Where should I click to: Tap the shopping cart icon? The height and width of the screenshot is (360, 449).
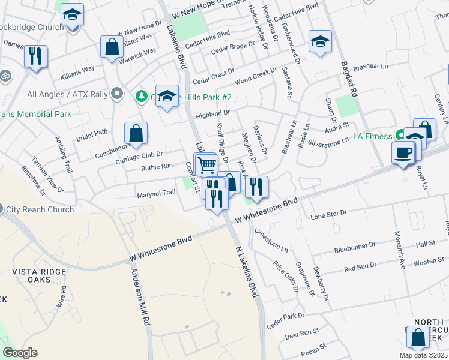[x=206, y=163]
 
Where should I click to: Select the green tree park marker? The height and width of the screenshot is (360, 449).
[x=141, y=96]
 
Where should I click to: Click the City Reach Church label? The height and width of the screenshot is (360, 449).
[x=40, y=209]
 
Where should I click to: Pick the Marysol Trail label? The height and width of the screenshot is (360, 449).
[x=156, y=193]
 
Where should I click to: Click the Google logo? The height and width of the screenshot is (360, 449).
[x=20, y=353]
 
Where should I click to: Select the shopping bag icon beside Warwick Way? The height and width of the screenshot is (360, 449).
[x=112, y=47]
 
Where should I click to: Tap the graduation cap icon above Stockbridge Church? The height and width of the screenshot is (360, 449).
[x=72, y=14]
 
